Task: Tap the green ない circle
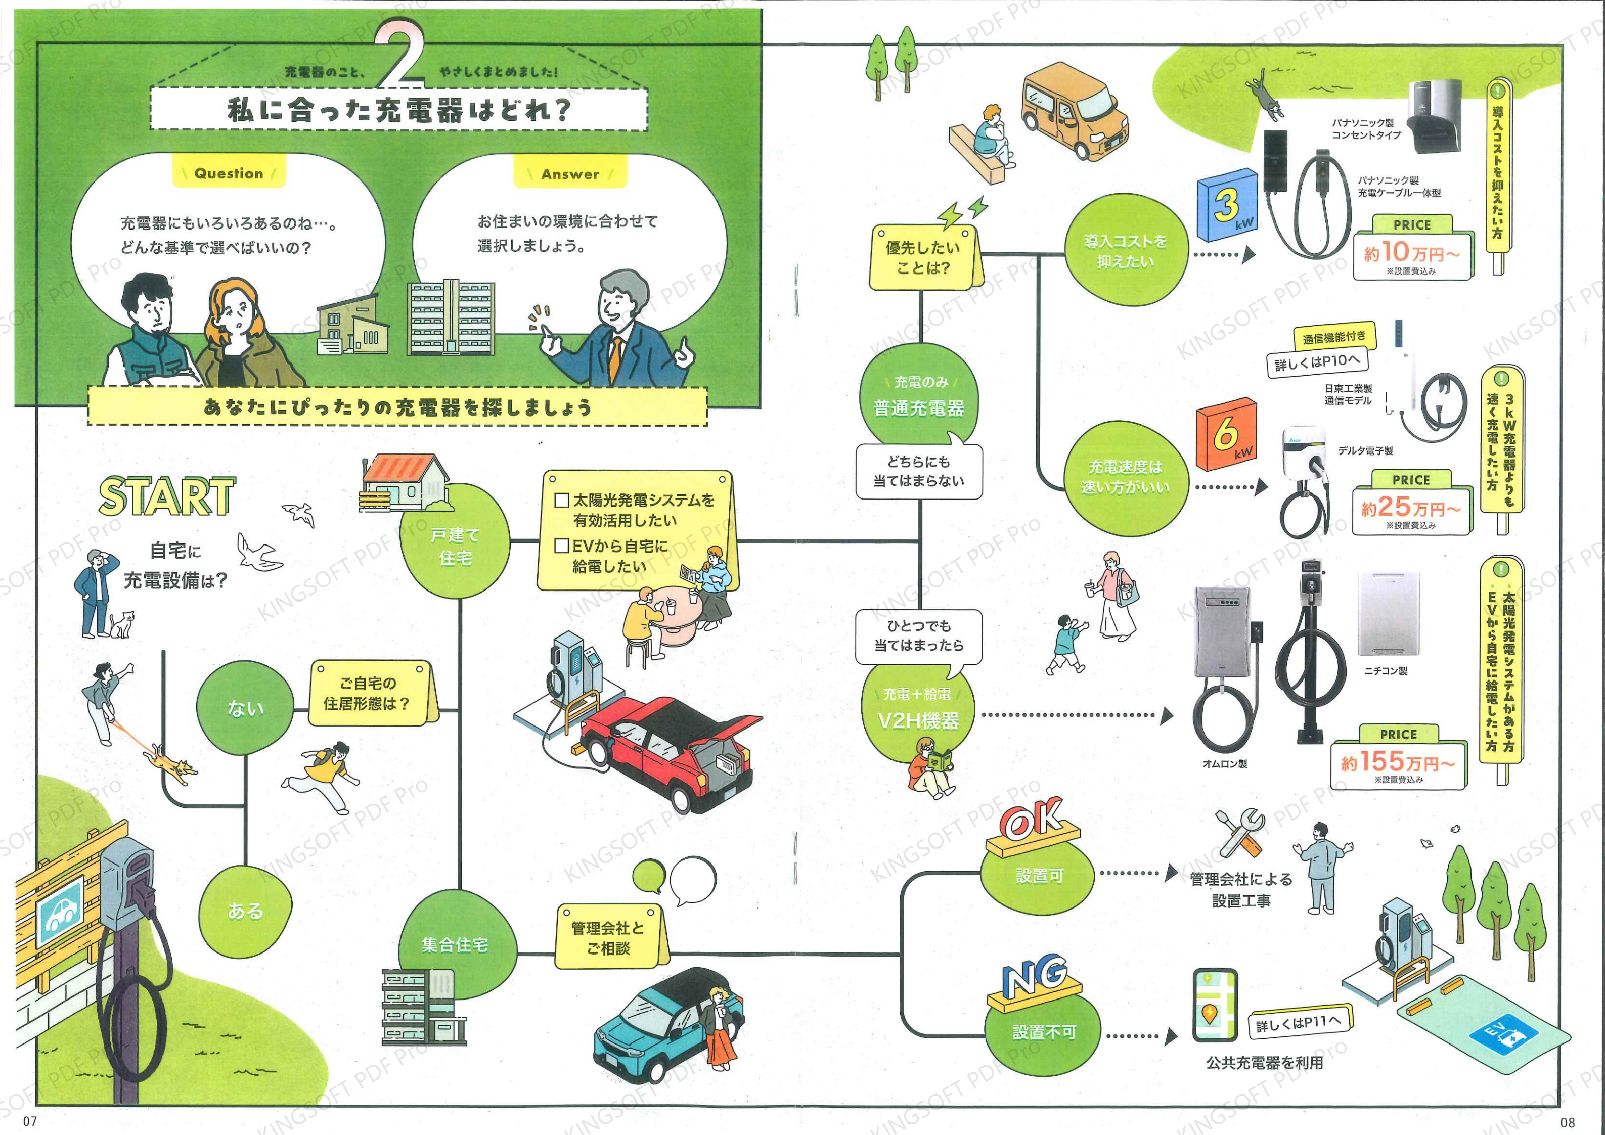click(x=245, y=707)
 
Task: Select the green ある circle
click(x=245, y=910)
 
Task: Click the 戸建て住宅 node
click(x=455, y=546)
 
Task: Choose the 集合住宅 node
click(x=455, y=944)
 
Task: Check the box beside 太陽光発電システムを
click(x=561, y=501)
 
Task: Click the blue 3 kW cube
click(x=1227, y=205)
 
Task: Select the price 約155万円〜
click(x=1397, y=762)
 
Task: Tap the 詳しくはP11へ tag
click(x=1300, y=1023)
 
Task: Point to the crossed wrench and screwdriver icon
click(x=1239, y=833)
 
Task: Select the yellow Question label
click(x=229, y=173)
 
